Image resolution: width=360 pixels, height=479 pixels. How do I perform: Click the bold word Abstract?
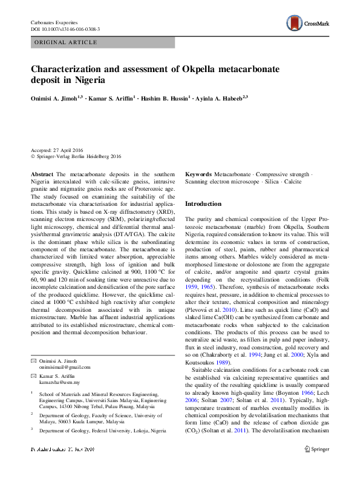[x=41, y=174]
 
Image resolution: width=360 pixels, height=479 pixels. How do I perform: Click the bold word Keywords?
[x=198, y=174]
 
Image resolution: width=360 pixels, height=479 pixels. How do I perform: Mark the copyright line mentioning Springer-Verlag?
[x=76, y=156]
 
